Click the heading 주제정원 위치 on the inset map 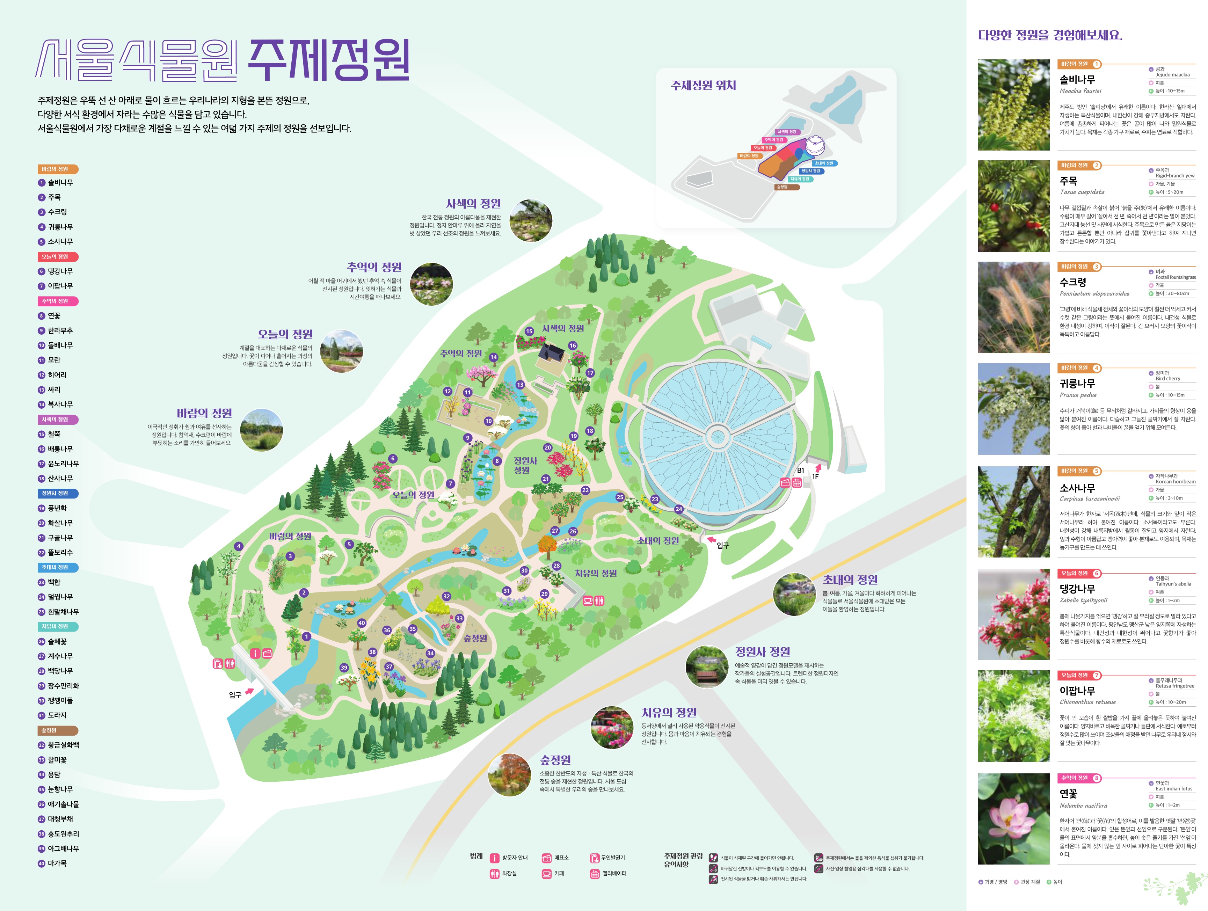(704, 85)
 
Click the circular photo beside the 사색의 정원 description (530, 220)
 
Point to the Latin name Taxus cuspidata (1082, 192)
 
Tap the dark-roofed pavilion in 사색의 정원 (552, 355)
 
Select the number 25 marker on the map (620, 497)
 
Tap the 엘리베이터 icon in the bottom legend (595, 873)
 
